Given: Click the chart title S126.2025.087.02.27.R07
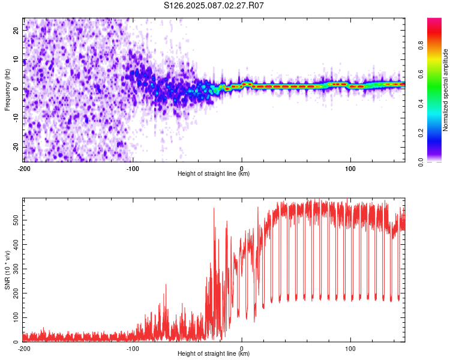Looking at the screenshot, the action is point(214,5).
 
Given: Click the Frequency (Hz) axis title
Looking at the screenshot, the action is point(7,90).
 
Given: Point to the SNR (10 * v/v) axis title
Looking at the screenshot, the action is point(7,270).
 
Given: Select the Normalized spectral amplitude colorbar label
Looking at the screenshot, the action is point(445,90).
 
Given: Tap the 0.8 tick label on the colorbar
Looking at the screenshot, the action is point(421,45).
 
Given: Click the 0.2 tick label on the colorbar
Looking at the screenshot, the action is point(421,133).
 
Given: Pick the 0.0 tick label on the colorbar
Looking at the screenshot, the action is point(421,162).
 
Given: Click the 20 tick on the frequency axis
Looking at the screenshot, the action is point(16,30).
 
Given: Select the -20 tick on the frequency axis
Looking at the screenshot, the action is point(16,147).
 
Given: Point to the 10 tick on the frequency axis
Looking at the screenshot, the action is point(16,59).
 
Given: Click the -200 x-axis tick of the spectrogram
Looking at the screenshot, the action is point(24,169).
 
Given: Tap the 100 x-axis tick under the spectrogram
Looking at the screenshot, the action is point(350,169).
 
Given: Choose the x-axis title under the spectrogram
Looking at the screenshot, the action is point(214,173).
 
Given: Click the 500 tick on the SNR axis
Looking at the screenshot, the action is point(16,220).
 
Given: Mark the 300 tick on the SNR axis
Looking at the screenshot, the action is point(16,269).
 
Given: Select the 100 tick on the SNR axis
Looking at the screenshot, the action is point(16,317).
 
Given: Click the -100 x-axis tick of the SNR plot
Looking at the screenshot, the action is point(133,349).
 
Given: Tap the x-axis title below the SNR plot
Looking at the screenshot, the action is point(214,353).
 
